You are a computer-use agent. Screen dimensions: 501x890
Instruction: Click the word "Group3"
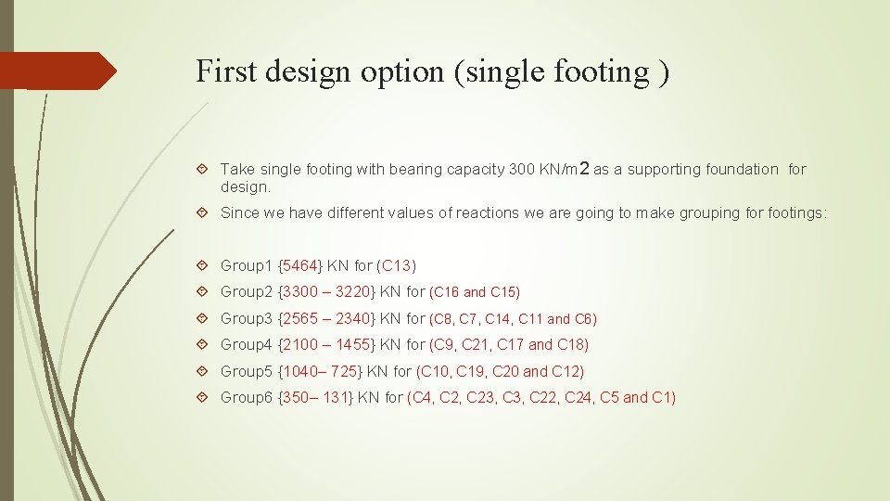[x=246, y=318]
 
